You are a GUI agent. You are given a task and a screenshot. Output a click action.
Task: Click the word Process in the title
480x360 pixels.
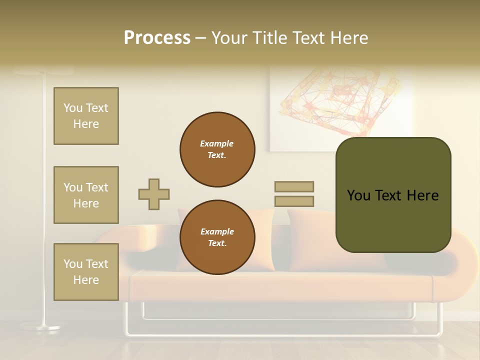coord(157,37)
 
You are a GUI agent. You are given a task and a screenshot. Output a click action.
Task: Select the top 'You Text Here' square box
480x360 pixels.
coord(86,116)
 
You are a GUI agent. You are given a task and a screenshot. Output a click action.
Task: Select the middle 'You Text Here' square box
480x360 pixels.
coord(86,195)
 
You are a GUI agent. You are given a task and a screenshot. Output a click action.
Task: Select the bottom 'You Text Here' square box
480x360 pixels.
coord(86,271)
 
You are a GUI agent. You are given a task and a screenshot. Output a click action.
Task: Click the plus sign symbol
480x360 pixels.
coord(154,194)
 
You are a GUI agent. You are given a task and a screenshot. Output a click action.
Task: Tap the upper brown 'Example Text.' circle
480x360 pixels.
coord(217,149)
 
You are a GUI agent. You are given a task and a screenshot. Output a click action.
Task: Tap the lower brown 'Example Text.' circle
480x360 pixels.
coord(217,237)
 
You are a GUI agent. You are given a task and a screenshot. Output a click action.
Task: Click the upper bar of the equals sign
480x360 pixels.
coord(294,186)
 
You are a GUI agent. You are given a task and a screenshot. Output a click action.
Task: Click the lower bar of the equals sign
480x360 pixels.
coord(294,201)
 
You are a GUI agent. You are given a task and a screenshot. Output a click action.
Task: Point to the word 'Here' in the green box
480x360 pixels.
coord(422,195)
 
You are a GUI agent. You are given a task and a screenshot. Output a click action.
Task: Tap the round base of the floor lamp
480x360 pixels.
coord(41,327)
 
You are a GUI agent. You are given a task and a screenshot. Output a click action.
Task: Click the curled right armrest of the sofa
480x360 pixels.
coord(462,270)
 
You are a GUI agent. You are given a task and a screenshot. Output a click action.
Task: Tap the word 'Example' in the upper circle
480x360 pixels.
coord(216,143)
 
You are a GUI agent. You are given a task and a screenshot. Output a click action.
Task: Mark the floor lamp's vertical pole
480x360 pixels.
coord(43,200)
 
